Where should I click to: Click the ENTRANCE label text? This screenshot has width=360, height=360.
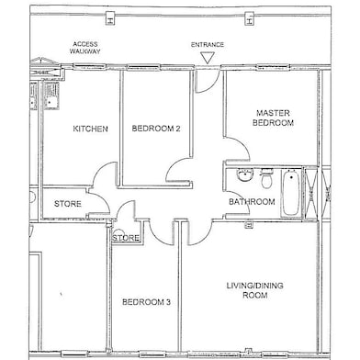tap(208, 45)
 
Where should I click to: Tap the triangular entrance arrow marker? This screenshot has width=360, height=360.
tap(207, 58)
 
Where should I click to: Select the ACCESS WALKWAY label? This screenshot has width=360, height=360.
tap(85, 48)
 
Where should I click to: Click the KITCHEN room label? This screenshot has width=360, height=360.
tap(90, 129)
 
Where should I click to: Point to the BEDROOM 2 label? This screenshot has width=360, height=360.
tap(156, 129)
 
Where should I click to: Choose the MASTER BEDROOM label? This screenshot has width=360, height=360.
tap(273, 118)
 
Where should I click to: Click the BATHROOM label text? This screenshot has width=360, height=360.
tap(252, 202)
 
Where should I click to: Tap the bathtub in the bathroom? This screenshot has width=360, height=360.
tap(291, 192)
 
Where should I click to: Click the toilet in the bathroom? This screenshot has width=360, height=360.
tap(266, 178)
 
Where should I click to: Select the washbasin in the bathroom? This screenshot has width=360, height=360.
tap(245, 175)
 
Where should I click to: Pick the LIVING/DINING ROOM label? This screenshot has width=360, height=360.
tap(254, 290)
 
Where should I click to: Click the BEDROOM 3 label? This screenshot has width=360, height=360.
tap(146, 302)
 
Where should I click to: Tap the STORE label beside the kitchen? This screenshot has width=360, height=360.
tap(68, 204)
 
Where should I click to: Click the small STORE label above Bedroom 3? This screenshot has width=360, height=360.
tap(126, 238)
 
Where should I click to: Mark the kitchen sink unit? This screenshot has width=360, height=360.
tap(50, 95)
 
